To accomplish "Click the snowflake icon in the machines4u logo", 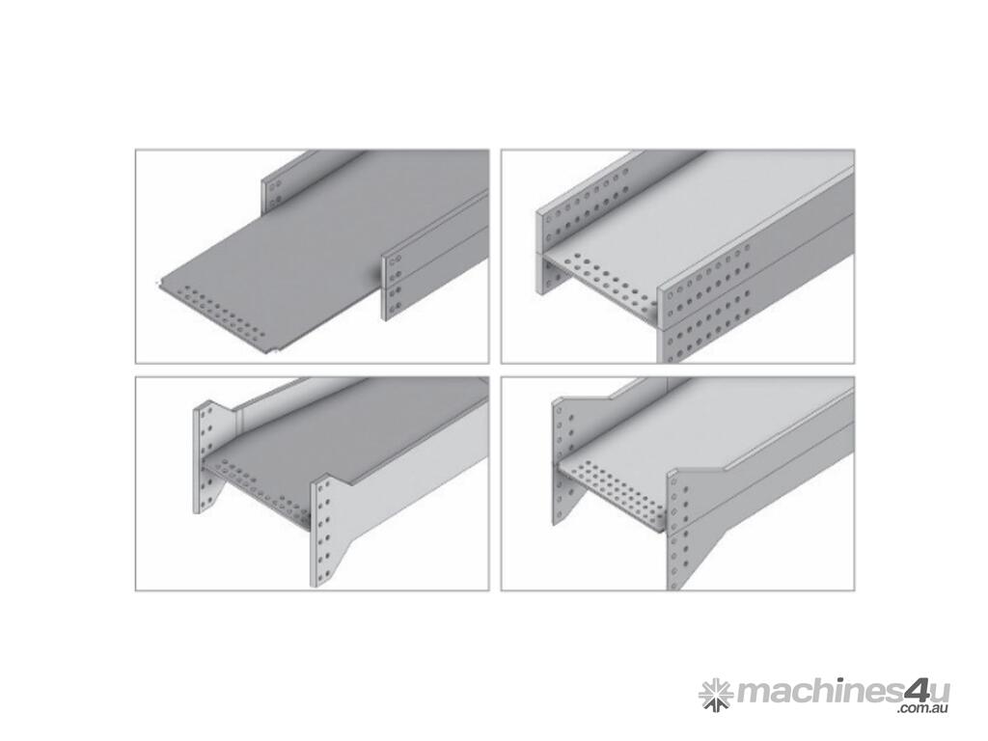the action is [715, 695].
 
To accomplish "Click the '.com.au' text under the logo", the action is [921, 711].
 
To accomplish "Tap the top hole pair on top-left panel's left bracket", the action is [275, 187].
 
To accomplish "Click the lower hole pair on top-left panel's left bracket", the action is [275, 202].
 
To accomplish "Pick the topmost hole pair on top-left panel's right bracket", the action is [396, 261].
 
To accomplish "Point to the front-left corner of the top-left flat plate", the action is [161, 284].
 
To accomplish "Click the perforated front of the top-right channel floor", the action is [604, 282].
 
